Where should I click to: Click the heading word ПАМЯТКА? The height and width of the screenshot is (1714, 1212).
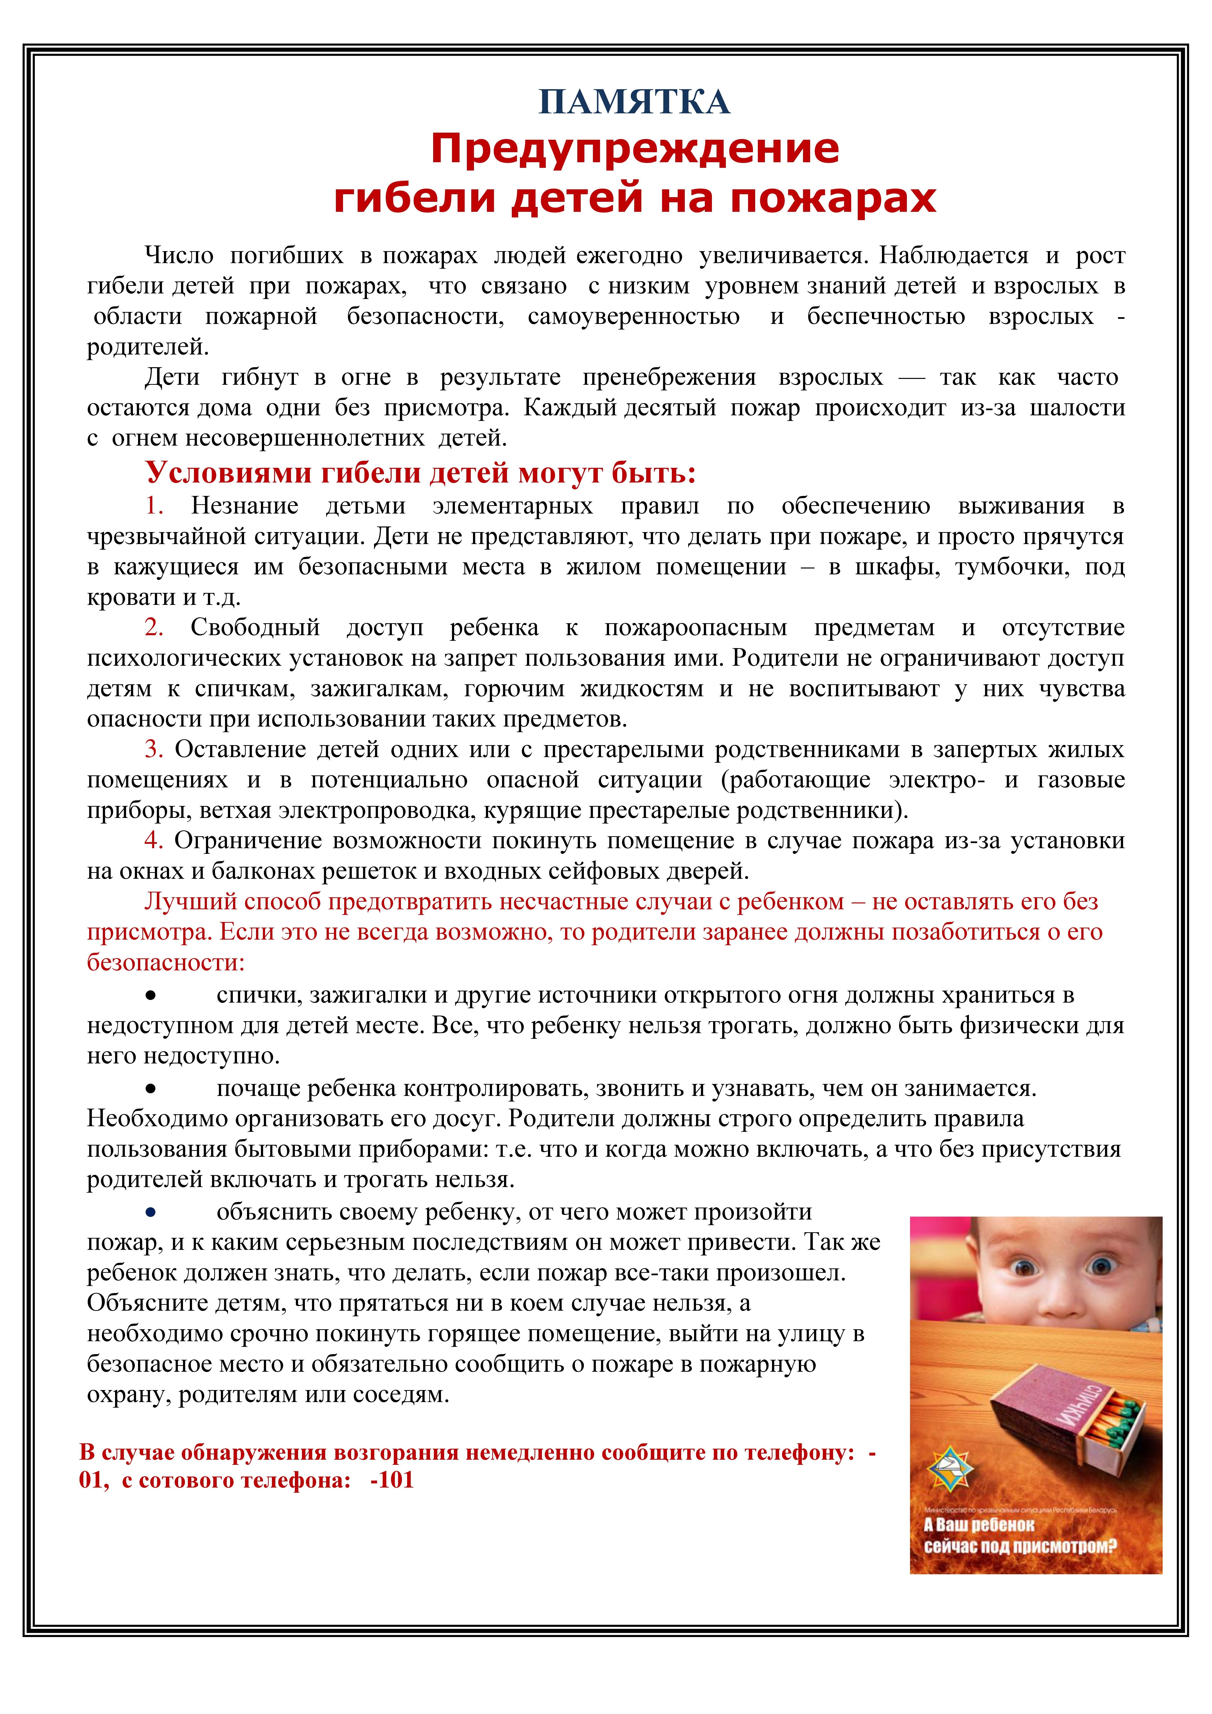[634, 102]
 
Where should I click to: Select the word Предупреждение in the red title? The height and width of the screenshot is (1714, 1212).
[635, 149]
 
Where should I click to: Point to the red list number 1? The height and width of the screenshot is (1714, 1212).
[154, 506]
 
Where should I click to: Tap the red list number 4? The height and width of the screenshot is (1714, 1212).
[154, 841]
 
